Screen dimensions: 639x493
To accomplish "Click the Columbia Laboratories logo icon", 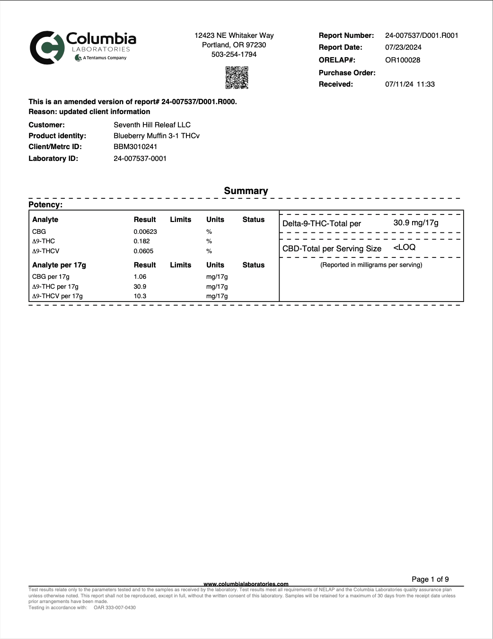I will [46, 48].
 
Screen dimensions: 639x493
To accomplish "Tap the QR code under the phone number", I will [237, 78].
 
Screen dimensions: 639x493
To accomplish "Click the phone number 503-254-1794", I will [234, 54].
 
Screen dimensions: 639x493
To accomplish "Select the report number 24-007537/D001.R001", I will [421, 35].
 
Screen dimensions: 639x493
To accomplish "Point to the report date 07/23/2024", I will [403, 47].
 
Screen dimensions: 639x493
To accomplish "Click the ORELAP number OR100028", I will [402, 60].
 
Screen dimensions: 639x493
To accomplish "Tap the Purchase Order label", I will [347, 73].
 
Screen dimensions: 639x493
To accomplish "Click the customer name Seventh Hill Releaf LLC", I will [152, 125].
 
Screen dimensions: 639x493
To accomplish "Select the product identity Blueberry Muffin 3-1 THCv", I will [156, 136].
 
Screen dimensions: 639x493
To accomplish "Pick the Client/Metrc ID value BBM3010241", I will [135, 147].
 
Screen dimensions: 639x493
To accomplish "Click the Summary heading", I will [246, 191].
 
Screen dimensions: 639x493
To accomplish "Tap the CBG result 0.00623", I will [145, 232].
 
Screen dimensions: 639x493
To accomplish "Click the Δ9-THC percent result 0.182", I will [141, 241].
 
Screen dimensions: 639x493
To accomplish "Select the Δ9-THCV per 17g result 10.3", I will [140, 296].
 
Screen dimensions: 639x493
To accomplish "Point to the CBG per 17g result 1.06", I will [140, 277].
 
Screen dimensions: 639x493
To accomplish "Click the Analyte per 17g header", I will [59, 265].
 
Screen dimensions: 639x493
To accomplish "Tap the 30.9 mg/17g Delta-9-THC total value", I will [415, 223].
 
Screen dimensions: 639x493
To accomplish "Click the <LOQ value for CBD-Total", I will [404, 248].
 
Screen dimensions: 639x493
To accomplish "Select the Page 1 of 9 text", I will [430, 579].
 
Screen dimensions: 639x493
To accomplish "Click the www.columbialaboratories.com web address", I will [246, 584].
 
